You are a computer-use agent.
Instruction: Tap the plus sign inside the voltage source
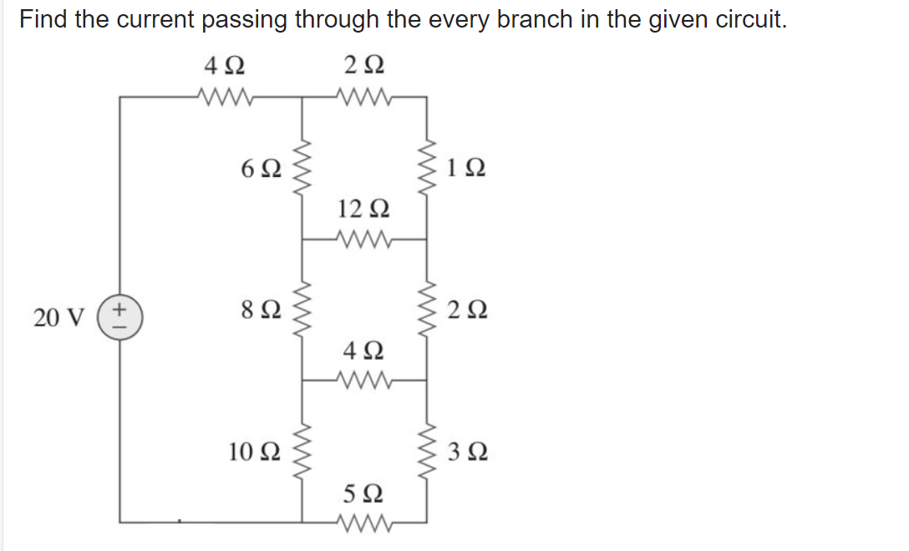119,309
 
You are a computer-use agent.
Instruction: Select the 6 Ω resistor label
260,169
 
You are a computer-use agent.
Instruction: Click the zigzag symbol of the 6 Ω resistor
302,167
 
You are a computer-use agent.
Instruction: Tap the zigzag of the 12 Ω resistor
364,238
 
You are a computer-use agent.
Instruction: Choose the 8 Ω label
260,311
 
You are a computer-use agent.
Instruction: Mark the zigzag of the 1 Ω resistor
428,167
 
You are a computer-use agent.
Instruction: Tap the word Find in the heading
43,19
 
